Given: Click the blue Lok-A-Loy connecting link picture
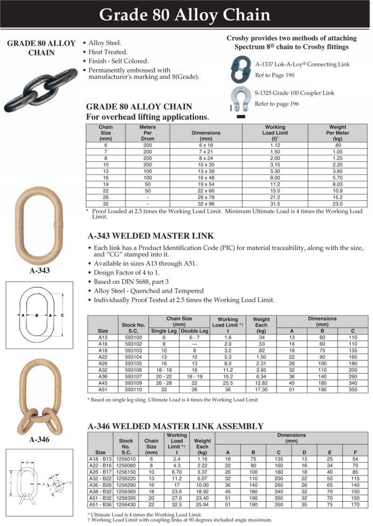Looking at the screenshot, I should (242, 69).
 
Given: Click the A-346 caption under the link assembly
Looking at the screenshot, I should (39, 440).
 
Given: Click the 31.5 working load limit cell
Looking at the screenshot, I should (275, 204).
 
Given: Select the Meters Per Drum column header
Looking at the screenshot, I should (148, 133).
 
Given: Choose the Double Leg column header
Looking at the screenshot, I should (194, 331).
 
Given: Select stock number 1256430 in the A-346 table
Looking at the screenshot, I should (126, 505).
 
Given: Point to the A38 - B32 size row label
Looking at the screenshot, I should (100, 491).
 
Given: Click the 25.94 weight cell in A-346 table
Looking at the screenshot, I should (202, 505).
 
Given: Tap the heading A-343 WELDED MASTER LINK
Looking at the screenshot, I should (151, 236).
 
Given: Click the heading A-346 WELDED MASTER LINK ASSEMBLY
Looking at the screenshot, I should (176, 426).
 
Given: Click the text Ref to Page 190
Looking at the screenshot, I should (275, 75).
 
